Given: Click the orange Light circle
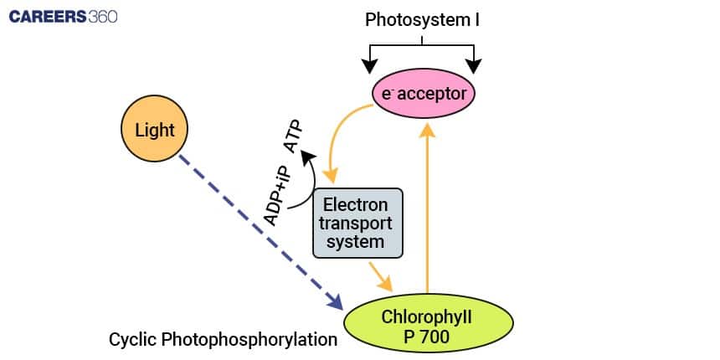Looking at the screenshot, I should (x=154, y=130).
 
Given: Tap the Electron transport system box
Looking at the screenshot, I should (x=357, y=223).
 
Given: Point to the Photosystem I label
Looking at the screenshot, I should (x=422, y=18).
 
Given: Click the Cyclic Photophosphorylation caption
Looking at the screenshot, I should (x=223, y=340).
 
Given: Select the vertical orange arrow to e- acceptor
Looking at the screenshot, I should (x=428, y=209).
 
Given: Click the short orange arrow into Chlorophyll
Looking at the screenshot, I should (x=380, y=275).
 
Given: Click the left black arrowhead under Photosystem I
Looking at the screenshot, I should (x=367, y=65).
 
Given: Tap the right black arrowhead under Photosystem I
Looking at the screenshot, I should (x=476, y=65).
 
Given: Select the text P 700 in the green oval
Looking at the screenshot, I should (x=428, y=337).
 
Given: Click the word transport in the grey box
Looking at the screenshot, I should (x=357, y=224).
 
